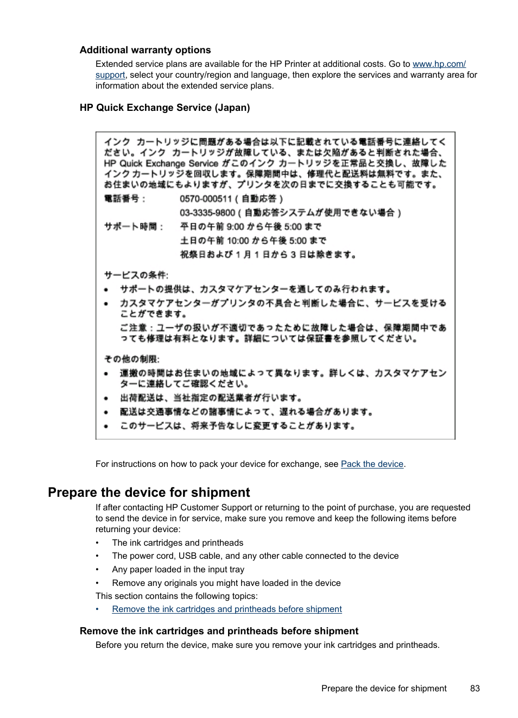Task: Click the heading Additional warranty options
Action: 145,50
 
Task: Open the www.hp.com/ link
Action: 439,64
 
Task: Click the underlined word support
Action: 110,75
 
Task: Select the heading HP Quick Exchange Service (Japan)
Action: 165,108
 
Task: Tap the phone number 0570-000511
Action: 206,199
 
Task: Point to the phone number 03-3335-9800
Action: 207,213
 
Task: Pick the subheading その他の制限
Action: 132,359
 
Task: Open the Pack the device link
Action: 372,464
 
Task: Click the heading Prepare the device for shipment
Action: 149,492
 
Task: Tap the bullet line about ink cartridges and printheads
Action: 178,543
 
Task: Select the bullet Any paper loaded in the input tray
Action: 178,570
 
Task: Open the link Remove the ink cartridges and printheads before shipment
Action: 227,609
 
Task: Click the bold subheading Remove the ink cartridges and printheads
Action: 219,631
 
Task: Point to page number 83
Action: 475,689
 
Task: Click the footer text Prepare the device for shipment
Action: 384,689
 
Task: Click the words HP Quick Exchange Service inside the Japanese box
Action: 161,164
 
